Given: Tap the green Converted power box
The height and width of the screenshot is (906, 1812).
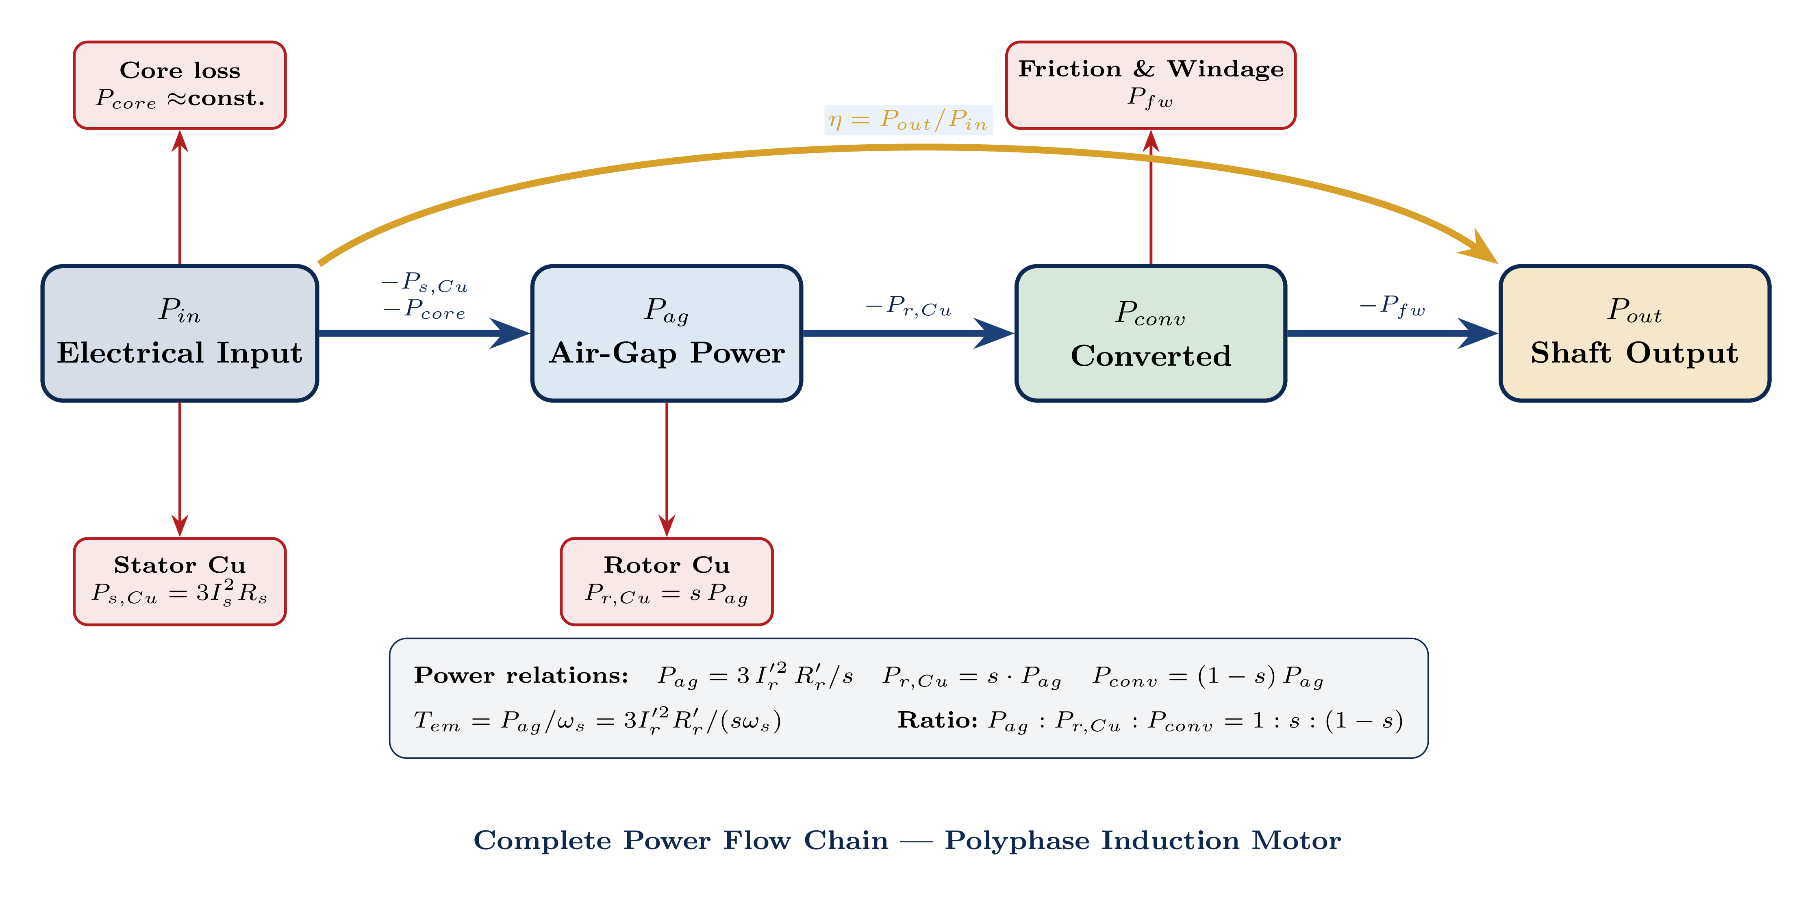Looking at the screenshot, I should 1150,333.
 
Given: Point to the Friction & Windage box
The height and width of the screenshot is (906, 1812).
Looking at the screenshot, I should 1150,85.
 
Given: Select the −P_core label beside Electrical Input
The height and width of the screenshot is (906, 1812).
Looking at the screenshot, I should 424,309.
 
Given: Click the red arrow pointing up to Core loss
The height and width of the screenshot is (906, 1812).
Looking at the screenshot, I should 180,197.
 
